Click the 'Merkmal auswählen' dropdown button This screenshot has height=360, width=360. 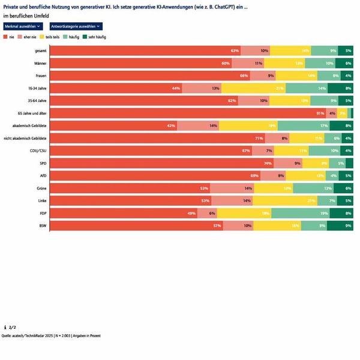23,26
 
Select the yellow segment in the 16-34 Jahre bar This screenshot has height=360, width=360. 253,88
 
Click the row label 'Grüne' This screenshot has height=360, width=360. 41,188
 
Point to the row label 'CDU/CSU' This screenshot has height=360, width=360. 38,151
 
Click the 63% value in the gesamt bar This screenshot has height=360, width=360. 235,51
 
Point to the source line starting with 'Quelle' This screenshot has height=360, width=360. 52,336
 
